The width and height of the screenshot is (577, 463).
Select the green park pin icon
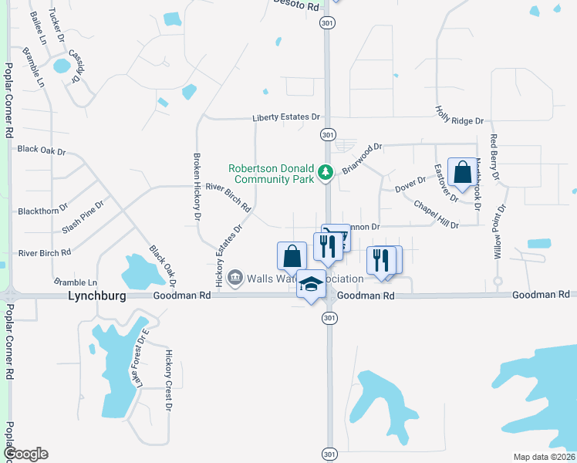[x=326, y=171]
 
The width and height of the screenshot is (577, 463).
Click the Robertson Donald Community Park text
[x=271, y=174]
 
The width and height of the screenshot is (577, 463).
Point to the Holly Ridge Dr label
[x=459, y=116]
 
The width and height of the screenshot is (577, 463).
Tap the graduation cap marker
[x=311, y=286]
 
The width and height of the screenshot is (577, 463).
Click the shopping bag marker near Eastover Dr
[x=462, y=173]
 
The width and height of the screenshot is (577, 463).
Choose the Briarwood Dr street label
[x=362, y=157]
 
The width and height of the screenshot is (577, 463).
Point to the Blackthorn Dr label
[x=42, y=209]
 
